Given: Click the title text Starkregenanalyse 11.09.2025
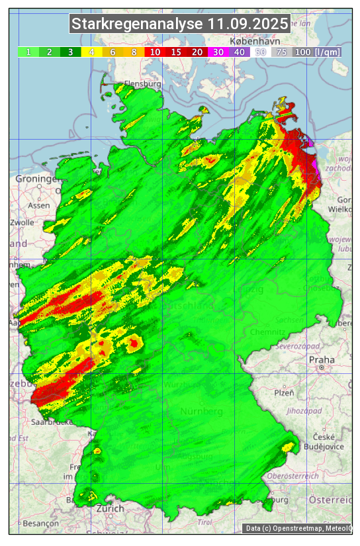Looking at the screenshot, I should pos(180,24).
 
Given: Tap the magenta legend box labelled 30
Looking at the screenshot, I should pos(218,52).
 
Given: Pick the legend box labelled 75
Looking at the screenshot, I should pos(281,52).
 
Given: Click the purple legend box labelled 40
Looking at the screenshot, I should pos(239,52).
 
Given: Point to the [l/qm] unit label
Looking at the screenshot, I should pos(328,52).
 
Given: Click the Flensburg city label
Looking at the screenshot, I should pos(142,84).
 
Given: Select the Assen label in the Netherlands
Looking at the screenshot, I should pos(39,205).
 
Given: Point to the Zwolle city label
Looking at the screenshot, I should pos(22,222).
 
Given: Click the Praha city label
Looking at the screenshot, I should pos(321,359).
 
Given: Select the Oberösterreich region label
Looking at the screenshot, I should pos(292,475).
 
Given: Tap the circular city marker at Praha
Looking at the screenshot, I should pos(322,367).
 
